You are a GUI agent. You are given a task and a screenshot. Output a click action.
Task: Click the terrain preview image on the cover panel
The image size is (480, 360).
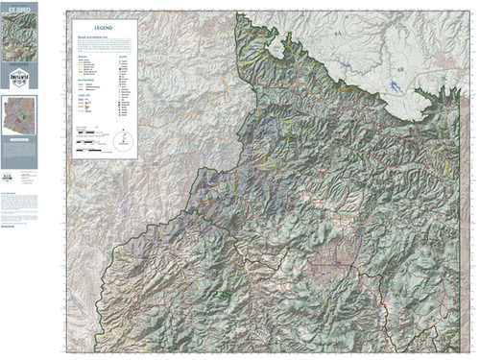pyautogui.click(x=20, y=39)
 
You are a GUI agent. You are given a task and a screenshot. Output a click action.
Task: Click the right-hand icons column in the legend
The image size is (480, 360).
pyautogui.click(x=122, y=91)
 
